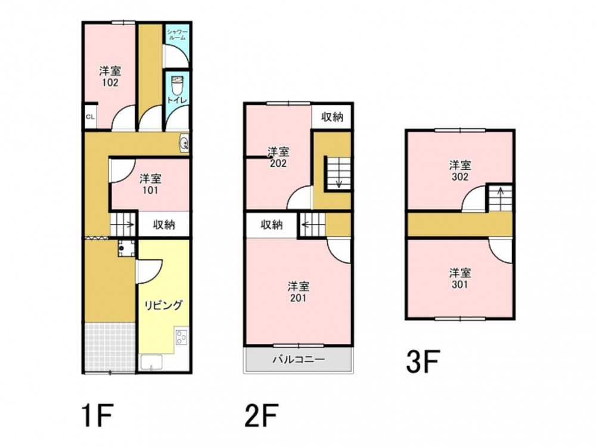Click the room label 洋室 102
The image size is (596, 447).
tap(110, 76)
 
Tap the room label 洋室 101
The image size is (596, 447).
tap(150, 184)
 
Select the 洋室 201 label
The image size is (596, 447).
tap(299, 291)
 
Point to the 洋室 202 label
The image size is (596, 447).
tap(278, 157)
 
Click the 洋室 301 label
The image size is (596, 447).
tap(460, 278)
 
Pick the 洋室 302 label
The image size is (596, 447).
tap(460, 170)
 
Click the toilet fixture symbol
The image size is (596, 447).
tap(177, 86)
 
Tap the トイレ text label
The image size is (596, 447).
tap(177, 100)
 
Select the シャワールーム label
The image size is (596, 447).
tap(177, 35)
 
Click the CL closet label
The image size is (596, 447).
tap(90, 117)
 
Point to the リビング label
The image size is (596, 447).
tap(163, 305)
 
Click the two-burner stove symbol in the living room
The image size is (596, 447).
tap(181, 337)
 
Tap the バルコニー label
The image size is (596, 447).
tap(299, 359)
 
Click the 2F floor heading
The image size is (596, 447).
tap(261, 416)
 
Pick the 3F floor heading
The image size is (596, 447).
tap(423, 362)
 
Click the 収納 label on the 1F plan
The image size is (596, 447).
tap(164, 225)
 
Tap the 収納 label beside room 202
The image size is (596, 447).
tap(332, 117)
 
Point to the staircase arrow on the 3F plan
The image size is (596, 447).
tap(501, 195)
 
